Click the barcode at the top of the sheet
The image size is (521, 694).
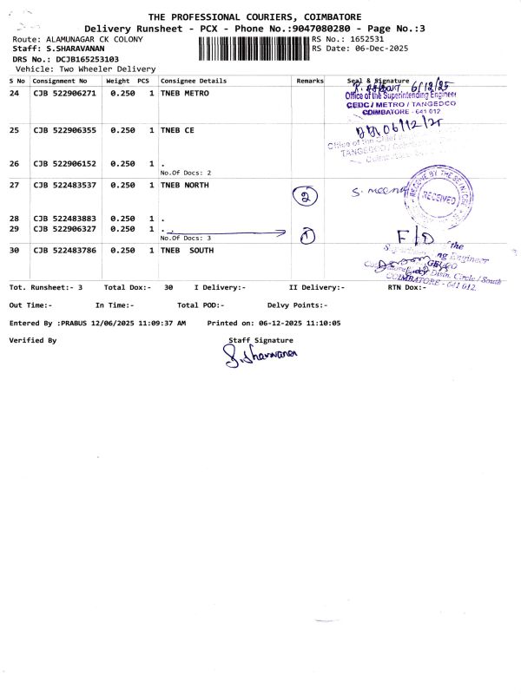[254, 48]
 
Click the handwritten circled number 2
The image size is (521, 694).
[305, 196]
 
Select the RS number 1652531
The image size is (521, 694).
[363, 39]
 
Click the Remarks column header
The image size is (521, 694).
[309, 80]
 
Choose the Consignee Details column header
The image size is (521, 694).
[194, 80]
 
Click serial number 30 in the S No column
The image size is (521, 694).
[14, 251]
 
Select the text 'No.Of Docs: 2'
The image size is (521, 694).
[186, 173]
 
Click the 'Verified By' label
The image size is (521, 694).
[32, 340]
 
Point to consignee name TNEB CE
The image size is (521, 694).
[177, 130]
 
